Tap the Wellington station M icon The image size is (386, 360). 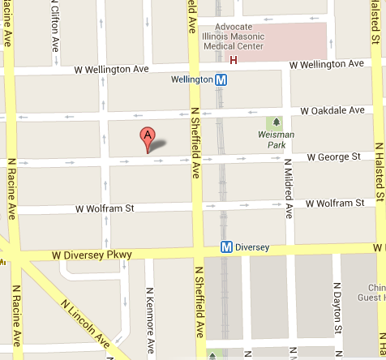(221, 79)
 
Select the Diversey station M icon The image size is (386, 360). (227, 247)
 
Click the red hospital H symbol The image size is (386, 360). (234, 59)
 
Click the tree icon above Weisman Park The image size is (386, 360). (277, 122)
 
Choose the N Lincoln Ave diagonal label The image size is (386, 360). (85, 324)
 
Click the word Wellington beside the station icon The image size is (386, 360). (192, 79)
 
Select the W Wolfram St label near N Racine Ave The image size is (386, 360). (105, 209)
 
